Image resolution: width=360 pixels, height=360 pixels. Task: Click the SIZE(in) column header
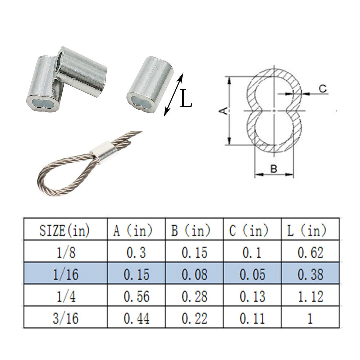pyautogui.click(x=64, y=230)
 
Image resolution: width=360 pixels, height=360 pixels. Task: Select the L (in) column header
pyautogui.click(x=307, y=230)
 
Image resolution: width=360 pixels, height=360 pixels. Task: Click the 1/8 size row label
pyautogui.click(x=66, y=252)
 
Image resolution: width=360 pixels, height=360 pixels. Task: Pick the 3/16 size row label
pyautogui.click(x=66, y=318)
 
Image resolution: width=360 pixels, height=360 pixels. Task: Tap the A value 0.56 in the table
pyautogui.click(x=136, y=296)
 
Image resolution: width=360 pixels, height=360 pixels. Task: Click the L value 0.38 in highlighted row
pyautogui.click(x=310, y=274)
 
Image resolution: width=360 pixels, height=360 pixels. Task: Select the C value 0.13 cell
pyautogui.click(x=253, y=296)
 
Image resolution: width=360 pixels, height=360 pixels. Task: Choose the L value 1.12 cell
pyautogui.click(x=310, y=296)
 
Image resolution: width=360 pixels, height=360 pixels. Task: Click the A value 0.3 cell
pyautogui.click(x=136, y=253)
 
